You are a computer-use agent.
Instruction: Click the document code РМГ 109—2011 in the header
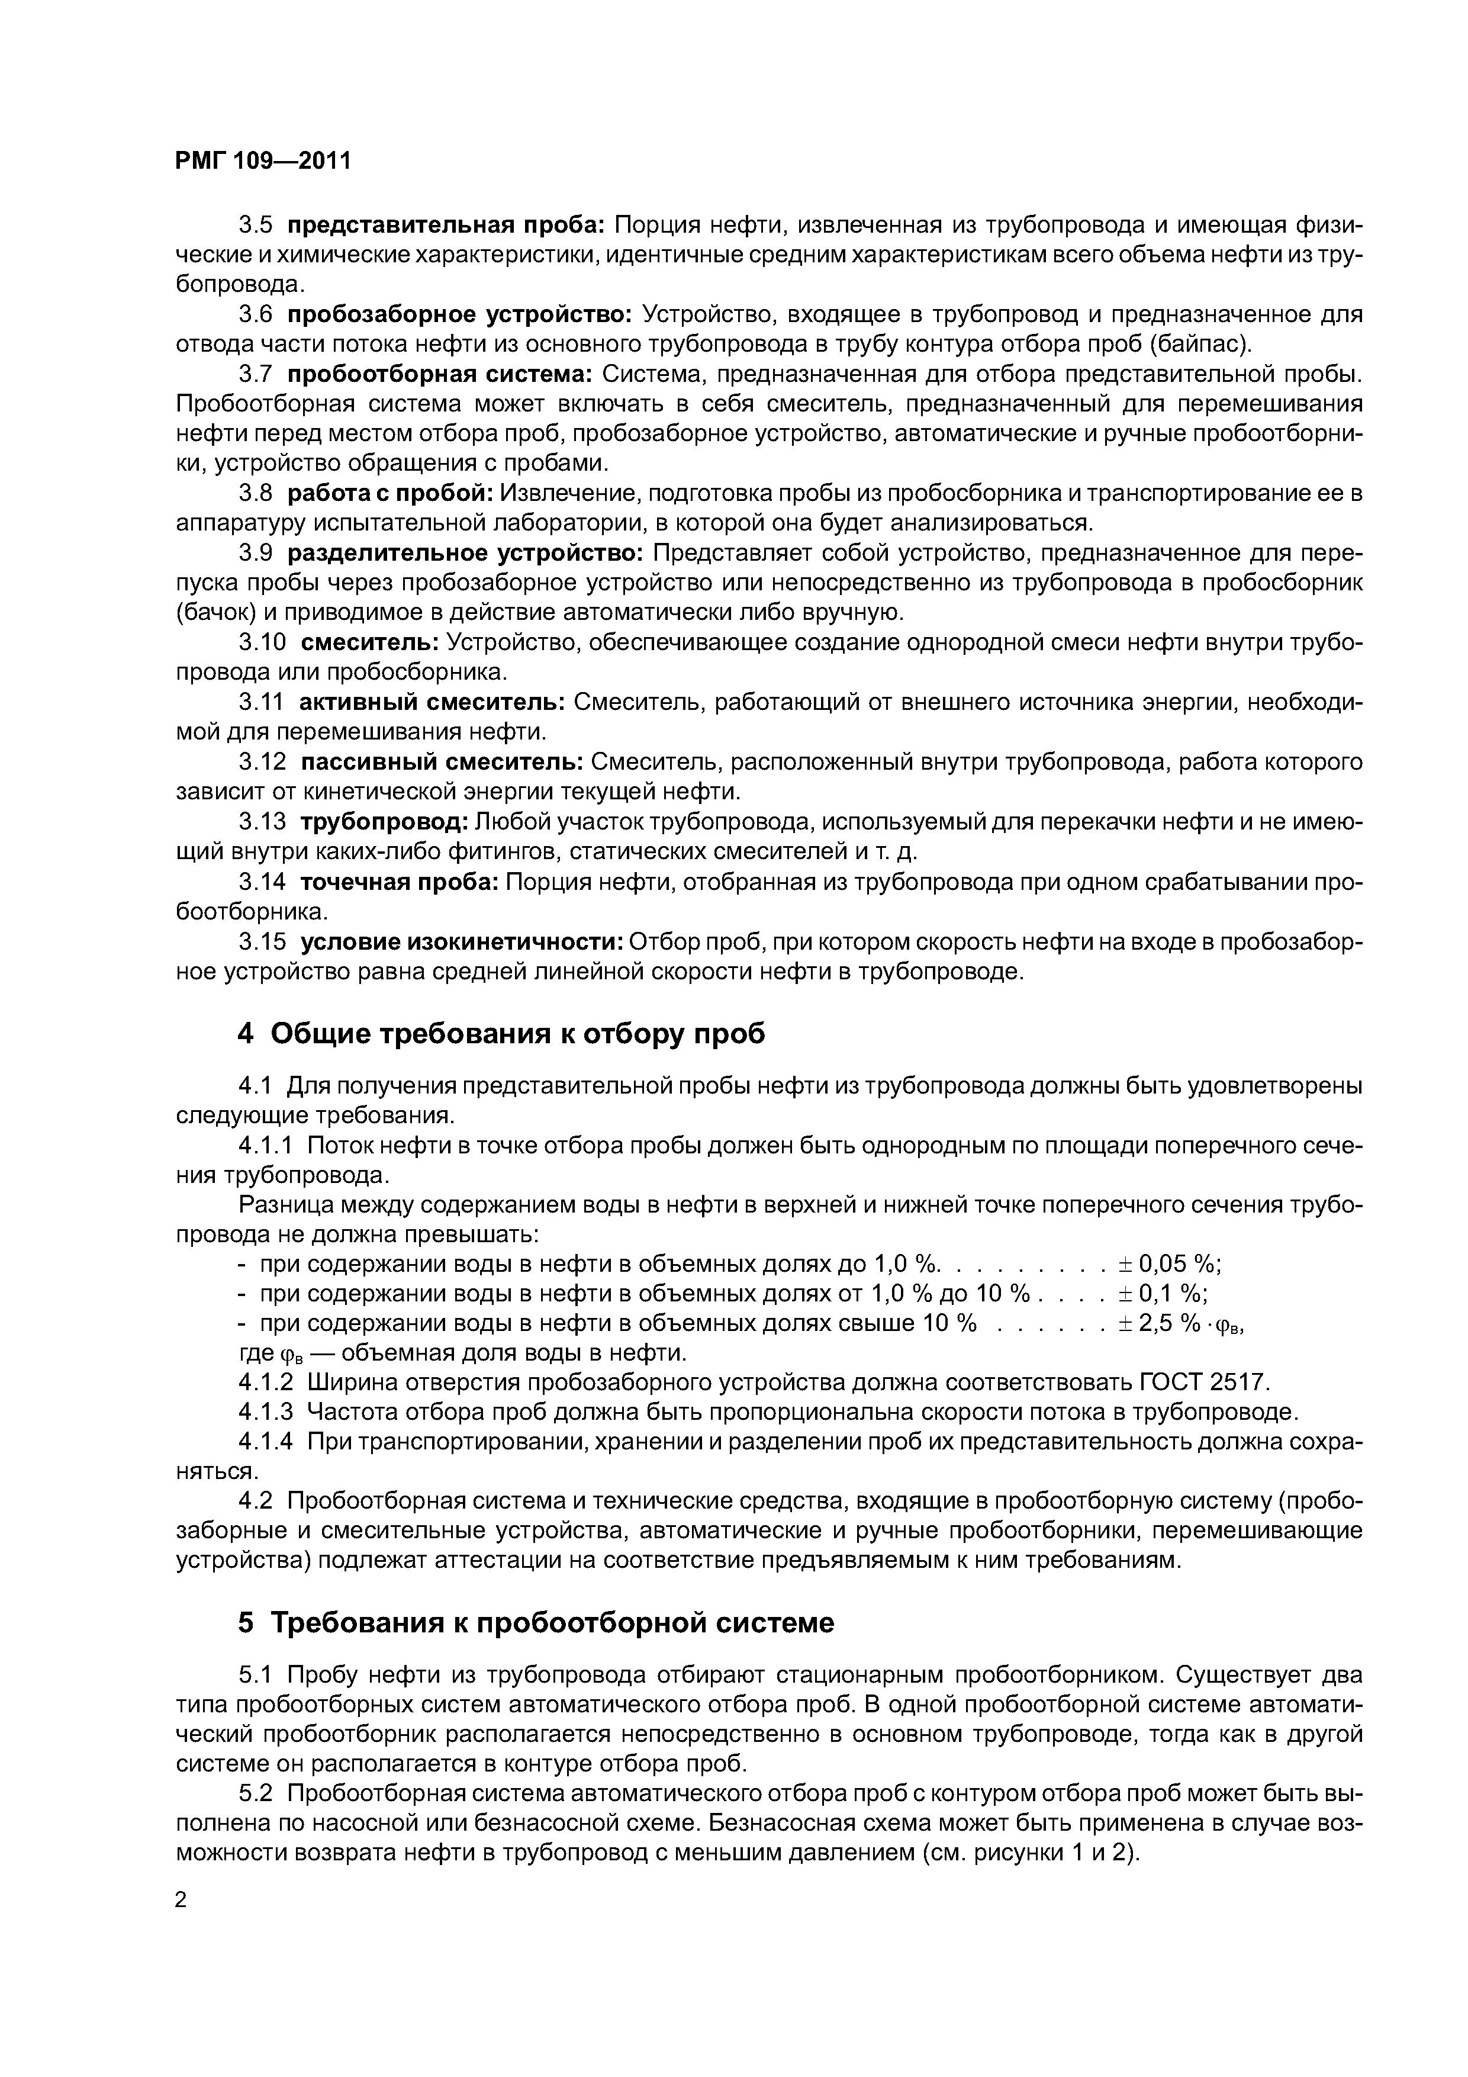(262, 161)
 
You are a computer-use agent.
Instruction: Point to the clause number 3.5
(255, 225)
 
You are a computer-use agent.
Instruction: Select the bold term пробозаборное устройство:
(461, 315)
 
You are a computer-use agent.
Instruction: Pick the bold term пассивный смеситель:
(442, 763)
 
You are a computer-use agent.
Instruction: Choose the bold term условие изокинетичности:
(461, 942)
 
